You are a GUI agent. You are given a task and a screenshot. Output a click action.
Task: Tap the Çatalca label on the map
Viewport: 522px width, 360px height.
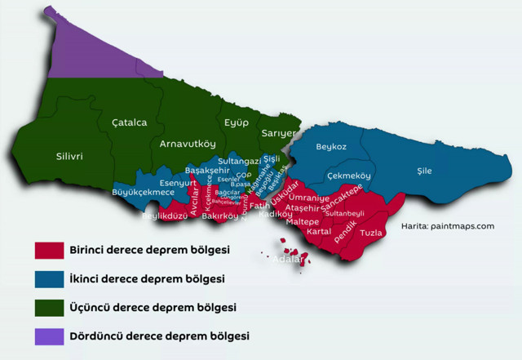pos(129,122)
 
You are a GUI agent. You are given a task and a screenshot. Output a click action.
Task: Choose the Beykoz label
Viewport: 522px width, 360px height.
pos(330,147)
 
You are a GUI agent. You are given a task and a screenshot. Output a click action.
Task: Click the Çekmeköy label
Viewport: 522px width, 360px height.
pos(349,176)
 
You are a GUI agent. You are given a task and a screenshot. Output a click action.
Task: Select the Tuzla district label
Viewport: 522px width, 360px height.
pos(371,233)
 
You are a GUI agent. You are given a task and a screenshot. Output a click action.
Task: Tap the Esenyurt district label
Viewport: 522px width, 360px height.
pos(178,184)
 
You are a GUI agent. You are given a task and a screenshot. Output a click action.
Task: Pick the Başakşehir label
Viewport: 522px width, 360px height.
pos(208,170)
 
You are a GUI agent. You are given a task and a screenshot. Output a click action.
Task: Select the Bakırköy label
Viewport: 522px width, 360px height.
pos(220,216)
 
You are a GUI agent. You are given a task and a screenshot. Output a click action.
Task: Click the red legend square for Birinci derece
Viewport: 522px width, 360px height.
pos(49,249)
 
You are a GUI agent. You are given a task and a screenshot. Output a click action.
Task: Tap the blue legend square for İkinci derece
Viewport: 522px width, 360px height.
pos(49,278)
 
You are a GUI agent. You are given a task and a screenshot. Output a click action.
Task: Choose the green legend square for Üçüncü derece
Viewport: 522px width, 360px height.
pos(49,307)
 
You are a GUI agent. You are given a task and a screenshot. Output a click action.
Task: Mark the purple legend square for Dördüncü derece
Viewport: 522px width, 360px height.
pos(49,336)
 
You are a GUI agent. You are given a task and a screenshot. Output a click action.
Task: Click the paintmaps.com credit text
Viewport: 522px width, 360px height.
pos(448,226)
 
